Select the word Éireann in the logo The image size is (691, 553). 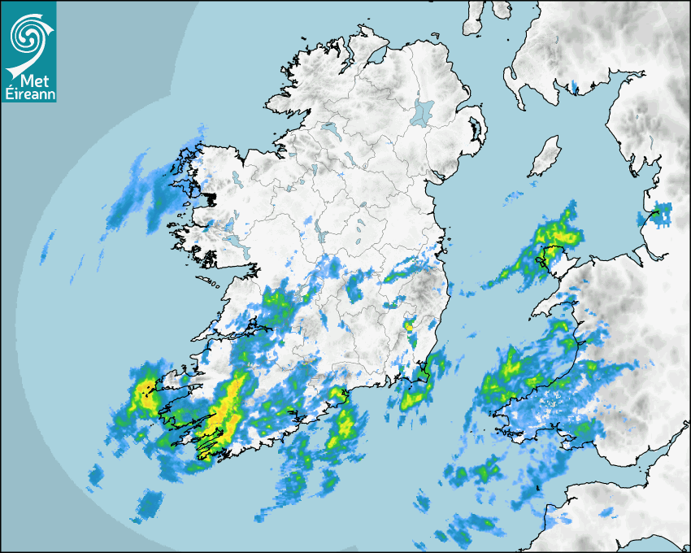coord(28,94)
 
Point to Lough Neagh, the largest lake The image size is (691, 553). coord(423,112)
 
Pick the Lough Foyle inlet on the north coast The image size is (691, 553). coord(375,59)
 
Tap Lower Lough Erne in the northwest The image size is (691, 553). coord(329,128)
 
